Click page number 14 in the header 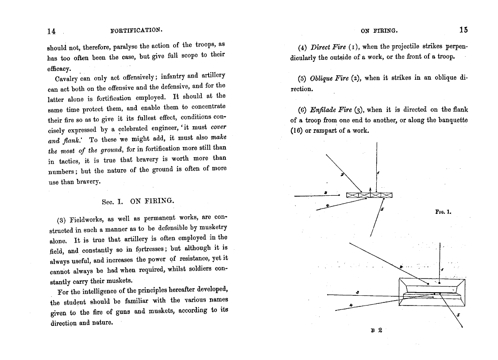click(51, 31)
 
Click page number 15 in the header click(463, 30)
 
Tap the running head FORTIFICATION click(137, 30)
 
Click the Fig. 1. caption click(443, 212)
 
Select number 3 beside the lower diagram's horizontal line click(357, 291)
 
